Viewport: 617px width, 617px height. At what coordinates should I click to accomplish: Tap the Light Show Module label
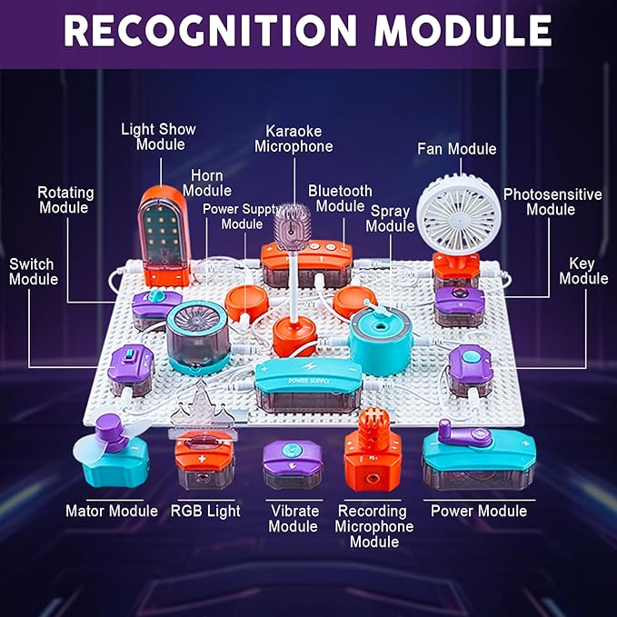[160, 136]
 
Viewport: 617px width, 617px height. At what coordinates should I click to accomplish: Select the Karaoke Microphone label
[294, 138]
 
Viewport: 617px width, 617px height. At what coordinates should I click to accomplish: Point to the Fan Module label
[456, 149]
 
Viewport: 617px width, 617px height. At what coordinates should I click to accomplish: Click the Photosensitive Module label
[552, 202]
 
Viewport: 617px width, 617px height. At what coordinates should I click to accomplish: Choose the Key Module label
[582, 271]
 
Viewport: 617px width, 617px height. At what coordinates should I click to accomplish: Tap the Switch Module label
[32, 272]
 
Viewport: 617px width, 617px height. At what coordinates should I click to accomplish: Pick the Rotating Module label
[65, 200]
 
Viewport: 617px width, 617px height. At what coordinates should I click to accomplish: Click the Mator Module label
[111, 511]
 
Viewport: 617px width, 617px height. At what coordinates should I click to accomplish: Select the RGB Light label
[205, 511]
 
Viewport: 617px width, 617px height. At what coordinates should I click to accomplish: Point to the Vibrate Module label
[293, 518]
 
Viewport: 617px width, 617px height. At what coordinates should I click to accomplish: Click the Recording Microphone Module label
[373, 526]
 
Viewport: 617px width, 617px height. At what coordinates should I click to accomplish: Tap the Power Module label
[478, 511]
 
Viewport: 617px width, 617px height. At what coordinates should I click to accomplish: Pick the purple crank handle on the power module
[463, 436]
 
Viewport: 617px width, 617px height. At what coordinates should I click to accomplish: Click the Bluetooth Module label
[340, 198]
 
